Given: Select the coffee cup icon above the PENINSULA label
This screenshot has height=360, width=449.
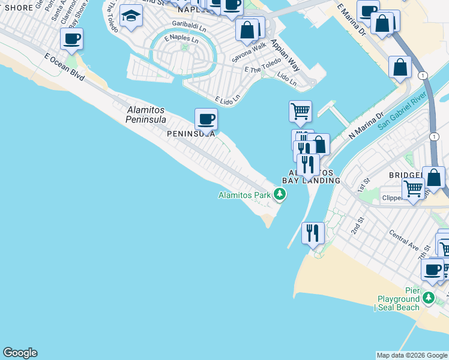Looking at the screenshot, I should click(x=206, y=118).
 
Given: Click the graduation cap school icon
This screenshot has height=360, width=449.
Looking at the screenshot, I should click(x=130, y=16).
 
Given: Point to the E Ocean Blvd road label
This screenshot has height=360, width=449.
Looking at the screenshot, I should click(x=64, y=66).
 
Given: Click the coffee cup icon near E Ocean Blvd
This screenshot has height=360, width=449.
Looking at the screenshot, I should click(x=71, y=39).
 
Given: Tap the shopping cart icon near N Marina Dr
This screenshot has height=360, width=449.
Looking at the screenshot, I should click(x=300, y=110).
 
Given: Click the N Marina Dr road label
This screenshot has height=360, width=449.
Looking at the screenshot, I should click(x=366, y=126).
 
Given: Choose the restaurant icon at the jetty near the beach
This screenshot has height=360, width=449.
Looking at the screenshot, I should click(x=312, y=233).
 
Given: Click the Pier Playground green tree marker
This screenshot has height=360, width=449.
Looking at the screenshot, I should click(x=428, y=298).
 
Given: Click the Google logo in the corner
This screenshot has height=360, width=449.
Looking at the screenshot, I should click(x=20, y=353).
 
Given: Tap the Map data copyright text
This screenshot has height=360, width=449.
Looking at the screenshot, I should click(x=412, y=355).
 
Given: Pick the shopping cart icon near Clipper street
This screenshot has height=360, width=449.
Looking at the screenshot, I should click(x=414, y=188).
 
